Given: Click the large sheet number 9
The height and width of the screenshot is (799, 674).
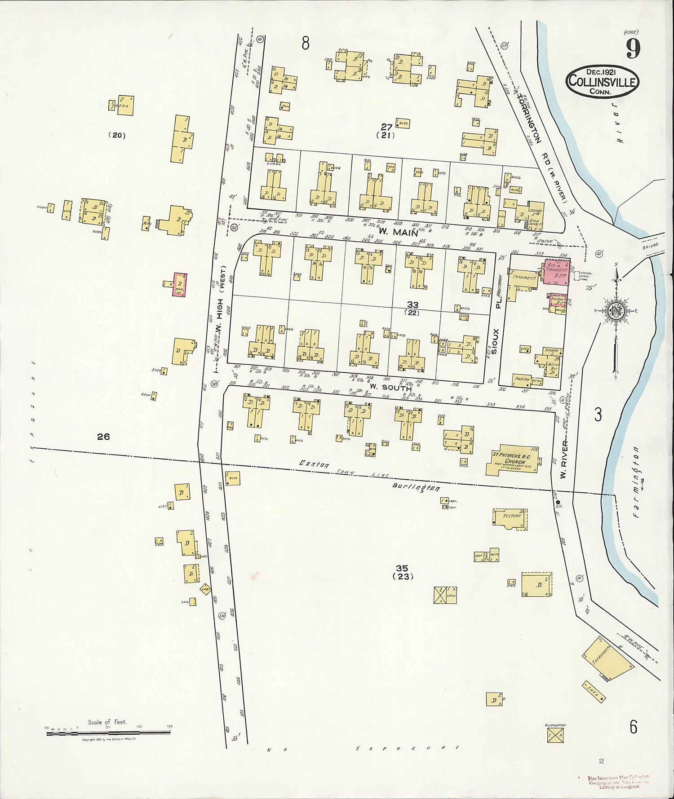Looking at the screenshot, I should coord(633,49).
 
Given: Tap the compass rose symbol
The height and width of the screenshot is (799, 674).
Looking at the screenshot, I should coord(615,311).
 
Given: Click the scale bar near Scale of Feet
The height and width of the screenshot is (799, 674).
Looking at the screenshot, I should coord(108,733).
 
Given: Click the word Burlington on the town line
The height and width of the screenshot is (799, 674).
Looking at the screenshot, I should coord(416,488).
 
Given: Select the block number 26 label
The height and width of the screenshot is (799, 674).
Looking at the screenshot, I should coord(103,436).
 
